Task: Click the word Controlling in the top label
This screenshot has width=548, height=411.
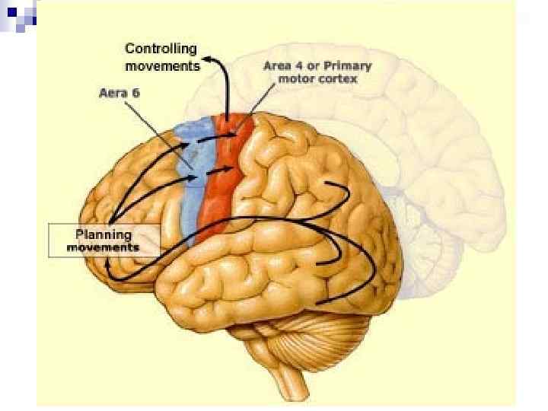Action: [161, 49]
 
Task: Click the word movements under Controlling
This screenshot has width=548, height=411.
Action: [162, 65]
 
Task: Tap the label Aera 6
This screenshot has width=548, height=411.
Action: [120, 94]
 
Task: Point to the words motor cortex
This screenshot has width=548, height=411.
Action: [329, 79]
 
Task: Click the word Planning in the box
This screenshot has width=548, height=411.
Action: [104, 234]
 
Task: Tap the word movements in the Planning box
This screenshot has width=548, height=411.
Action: [104, 247]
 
